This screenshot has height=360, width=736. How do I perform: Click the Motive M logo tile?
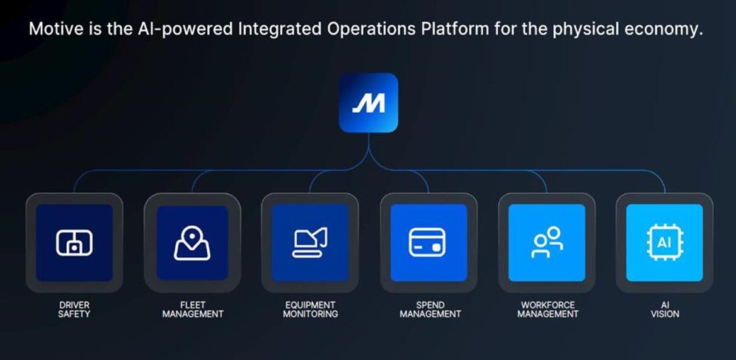point(369,103)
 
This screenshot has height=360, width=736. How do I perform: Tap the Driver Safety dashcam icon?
point(74,243)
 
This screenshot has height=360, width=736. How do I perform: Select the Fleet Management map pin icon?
point(192,243)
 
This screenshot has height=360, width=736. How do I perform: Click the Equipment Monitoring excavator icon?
point(310,243)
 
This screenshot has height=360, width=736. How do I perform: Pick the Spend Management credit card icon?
point(428,243)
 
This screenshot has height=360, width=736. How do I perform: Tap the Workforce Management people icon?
point(547,243)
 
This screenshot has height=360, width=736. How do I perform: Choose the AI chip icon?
point(664,243)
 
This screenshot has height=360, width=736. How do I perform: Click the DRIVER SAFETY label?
point(74,309)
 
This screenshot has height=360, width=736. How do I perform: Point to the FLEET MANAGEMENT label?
point(193,309)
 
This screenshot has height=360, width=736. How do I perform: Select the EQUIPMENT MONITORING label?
point(310,309)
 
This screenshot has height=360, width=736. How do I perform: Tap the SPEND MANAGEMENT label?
point(430,309)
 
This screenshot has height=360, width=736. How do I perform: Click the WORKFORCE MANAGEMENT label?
point(548,309)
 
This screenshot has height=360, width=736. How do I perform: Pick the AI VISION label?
point(665,309)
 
